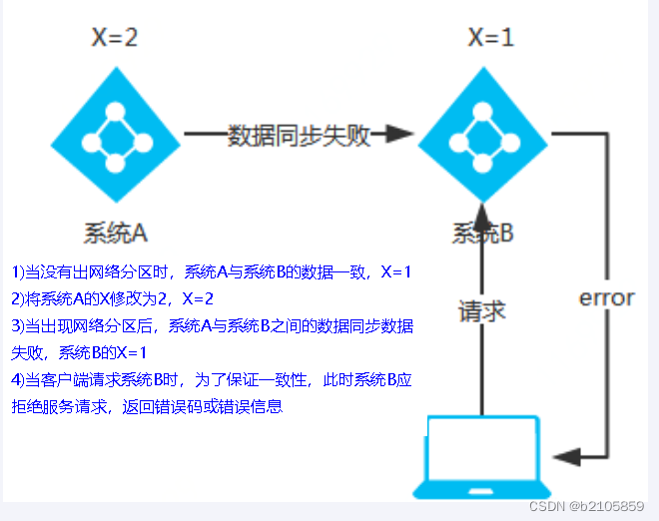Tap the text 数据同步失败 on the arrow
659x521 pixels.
299,135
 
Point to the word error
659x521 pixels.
607,297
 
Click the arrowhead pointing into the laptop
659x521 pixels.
568,456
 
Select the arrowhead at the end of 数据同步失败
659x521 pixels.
399,134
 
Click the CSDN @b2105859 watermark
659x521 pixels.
586,507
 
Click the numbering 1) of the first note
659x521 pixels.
17,271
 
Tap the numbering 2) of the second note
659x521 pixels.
17,298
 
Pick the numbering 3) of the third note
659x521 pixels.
17,325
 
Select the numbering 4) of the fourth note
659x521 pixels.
17,379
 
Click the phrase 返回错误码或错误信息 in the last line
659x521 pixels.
204,406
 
